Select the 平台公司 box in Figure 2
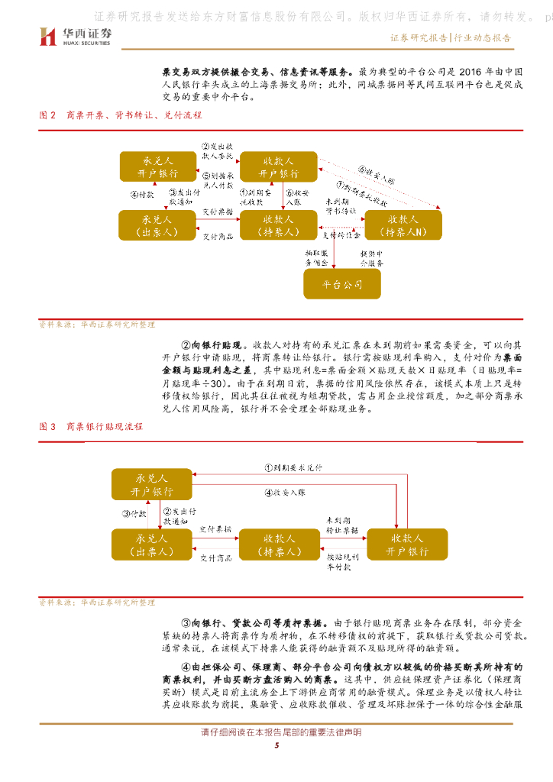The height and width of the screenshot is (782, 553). (x=342, y=284)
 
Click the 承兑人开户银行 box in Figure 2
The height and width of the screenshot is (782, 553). (x=157, y=166)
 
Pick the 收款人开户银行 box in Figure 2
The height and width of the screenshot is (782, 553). (x=280, y=166)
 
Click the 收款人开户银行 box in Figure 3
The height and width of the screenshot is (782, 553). (x=406, y=543)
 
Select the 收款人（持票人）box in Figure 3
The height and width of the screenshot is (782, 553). (x=280, y=543)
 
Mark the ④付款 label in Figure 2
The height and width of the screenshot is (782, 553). (x=141, y=195)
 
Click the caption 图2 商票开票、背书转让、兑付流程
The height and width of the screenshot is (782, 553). (x=121, y=115)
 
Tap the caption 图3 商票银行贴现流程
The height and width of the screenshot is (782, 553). (x=91, y=427)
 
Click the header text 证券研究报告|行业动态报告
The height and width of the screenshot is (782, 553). (x=451, y=37)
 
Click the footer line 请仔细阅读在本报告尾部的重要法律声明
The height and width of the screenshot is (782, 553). (x=276, y=732)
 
